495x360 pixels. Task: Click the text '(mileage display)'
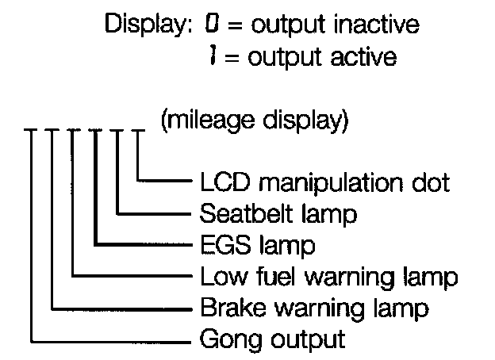pos(253,122)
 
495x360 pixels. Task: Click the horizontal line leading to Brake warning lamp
pos(119,308)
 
